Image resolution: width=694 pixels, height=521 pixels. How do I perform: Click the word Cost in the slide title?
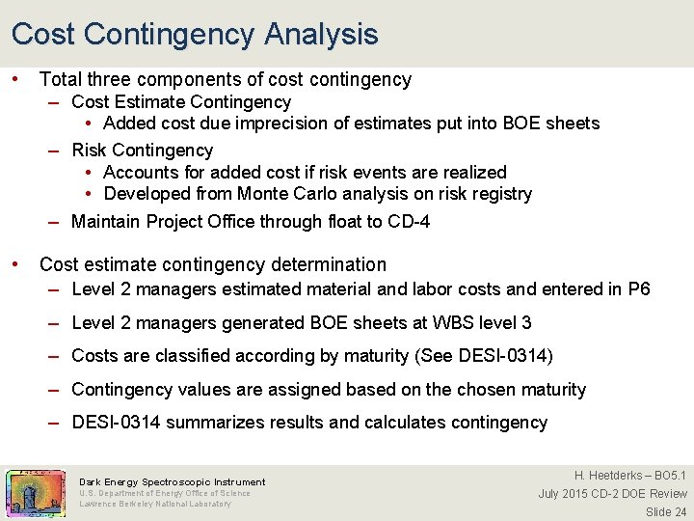(x=43, y=35)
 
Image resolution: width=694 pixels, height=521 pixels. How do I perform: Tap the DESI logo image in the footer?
(x=35, y=492)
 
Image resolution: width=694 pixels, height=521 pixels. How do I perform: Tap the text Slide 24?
(x=666, y=511)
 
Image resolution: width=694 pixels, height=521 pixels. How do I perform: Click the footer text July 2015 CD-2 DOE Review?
(x=612, y=494)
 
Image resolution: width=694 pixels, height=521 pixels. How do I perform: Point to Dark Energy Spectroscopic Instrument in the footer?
(x=172, y=481)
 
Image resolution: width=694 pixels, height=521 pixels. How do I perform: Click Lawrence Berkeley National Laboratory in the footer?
(x=154, y=504)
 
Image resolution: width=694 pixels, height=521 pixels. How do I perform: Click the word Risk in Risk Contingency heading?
(x=90, y=151)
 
